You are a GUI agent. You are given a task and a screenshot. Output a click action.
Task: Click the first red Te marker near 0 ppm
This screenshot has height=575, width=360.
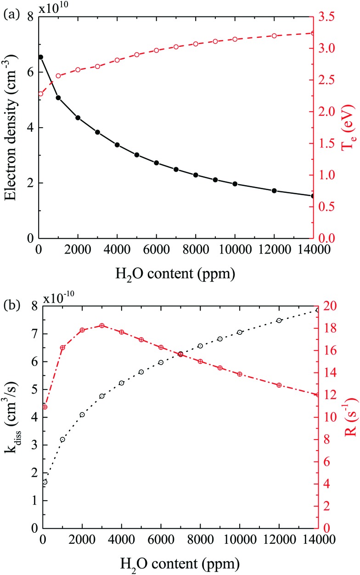click(41, 94)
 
